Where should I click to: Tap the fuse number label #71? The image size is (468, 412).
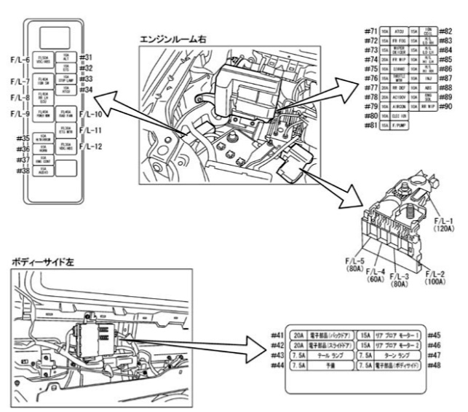[x=371, y=33]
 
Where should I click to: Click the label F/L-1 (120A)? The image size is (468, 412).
[x=443, y=223]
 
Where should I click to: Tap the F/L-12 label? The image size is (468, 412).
[x=91, y=147]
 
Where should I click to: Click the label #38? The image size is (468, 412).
[x=21, y=170]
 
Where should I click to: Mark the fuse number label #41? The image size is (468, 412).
[x=275, y=334]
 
